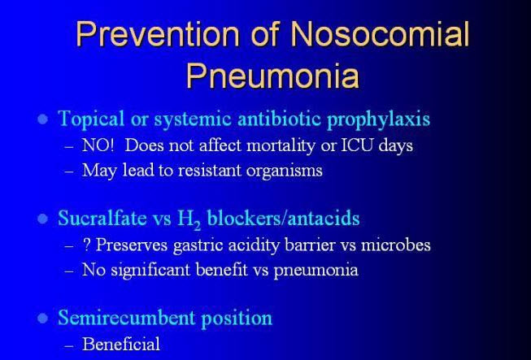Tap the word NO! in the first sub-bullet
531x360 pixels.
pos(98,147)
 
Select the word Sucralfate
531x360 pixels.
pos(98,219)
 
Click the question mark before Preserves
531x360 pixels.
pos(86,245)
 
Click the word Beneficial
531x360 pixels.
pos(121,344)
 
